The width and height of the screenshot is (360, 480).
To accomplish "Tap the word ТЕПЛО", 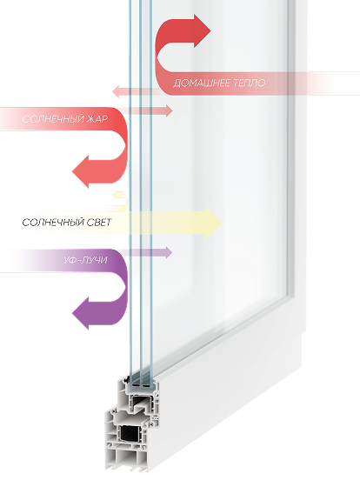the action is coord(250,83).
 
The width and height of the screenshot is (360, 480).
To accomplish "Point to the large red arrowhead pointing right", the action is coord(202,31).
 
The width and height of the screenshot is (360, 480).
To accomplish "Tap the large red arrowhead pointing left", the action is coord(81,171).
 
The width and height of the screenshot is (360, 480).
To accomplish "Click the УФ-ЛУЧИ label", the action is coord(86,260).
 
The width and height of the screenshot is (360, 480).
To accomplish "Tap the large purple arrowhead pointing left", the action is coord(81,313).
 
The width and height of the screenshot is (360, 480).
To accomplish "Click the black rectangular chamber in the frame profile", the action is coord(130,433).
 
